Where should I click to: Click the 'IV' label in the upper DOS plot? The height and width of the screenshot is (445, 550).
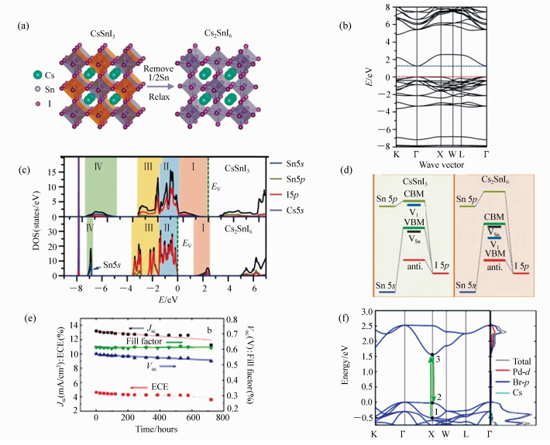(x=97, y=165)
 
